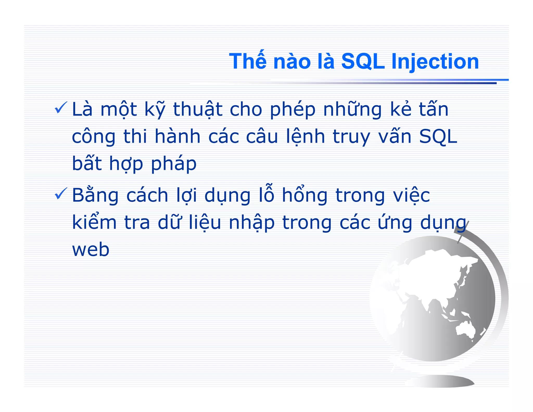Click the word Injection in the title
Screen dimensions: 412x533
tap(435, 62)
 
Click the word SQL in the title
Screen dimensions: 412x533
tap(363, 62)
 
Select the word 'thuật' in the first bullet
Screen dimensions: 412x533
tap(198, 109)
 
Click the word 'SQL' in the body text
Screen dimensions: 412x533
tap(438, 136)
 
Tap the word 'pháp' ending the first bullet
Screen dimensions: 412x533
tap(174, 164)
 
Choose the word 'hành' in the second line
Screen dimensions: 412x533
tap(177, 136)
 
